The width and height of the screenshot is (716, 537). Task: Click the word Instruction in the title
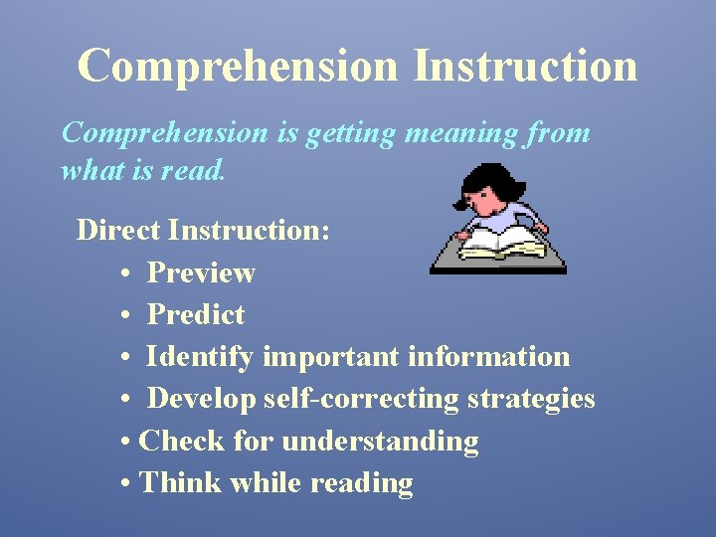pos(525,66)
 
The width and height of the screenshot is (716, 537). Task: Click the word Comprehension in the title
pos(238,66)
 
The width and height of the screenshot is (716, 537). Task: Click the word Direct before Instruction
pos(118,230)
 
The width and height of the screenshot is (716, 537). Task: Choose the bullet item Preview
pos(201,272)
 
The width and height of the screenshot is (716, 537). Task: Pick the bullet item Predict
pos(196,314)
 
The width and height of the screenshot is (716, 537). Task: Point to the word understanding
pos(381,441)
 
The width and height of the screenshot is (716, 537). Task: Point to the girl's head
pos(490,190)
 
